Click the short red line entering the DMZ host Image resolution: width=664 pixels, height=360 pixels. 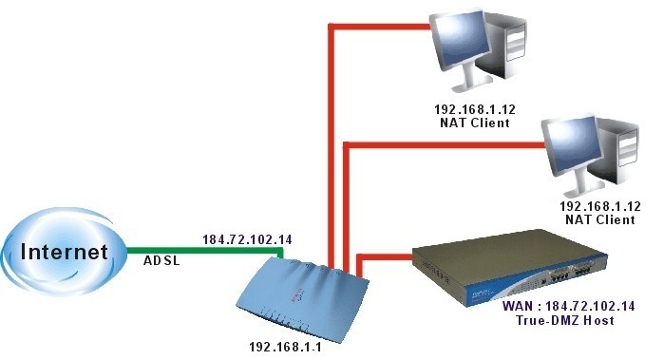point(386,256)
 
